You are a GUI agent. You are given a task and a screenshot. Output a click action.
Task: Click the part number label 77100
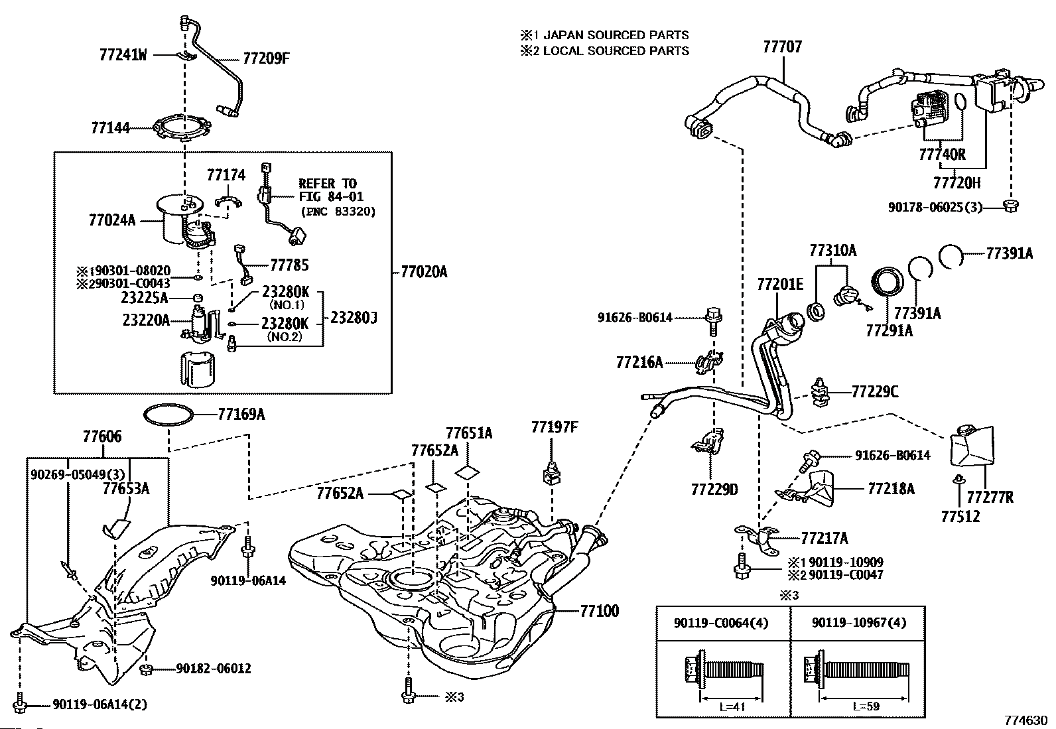(x=600, y=610)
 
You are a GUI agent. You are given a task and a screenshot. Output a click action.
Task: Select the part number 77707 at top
(x=782, y=46)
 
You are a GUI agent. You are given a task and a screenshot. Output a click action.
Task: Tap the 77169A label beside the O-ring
(x=241, y=415)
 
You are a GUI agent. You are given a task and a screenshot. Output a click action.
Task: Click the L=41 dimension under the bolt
(x=732, y=706)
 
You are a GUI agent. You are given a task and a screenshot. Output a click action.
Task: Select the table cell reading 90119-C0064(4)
(x=723, y=623)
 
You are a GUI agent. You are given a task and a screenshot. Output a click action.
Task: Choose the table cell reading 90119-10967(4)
(x=857, y=623)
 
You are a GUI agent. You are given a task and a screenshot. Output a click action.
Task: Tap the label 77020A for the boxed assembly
(x=425, y=271)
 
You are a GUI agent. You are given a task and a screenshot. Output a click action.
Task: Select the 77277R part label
(x=990, y=497)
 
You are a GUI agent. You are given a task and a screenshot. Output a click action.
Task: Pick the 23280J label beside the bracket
(x=354, y=318)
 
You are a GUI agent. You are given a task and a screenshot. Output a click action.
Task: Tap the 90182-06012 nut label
(x=214, y=669)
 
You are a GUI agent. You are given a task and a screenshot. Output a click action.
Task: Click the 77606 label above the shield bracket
(x=102, y=436)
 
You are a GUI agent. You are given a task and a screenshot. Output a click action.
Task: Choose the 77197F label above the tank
(x=554, y=427)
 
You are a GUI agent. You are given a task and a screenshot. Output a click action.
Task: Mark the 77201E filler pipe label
(x=780, y=285)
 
